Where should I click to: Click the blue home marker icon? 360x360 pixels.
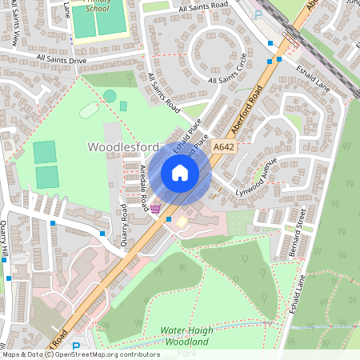coord(180,173)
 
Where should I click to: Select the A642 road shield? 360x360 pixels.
coord(225,146)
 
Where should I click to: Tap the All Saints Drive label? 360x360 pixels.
coord(61,59)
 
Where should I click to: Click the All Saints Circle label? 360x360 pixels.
coord(228,70)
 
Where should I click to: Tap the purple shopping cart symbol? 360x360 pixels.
coord(154,209)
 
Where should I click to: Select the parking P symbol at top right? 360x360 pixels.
coord(258,14)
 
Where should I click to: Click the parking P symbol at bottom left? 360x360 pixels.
coord(76,347)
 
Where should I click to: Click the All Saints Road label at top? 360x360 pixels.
coord(203,6)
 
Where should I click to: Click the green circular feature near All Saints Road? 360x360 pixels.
coord(110,96)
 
